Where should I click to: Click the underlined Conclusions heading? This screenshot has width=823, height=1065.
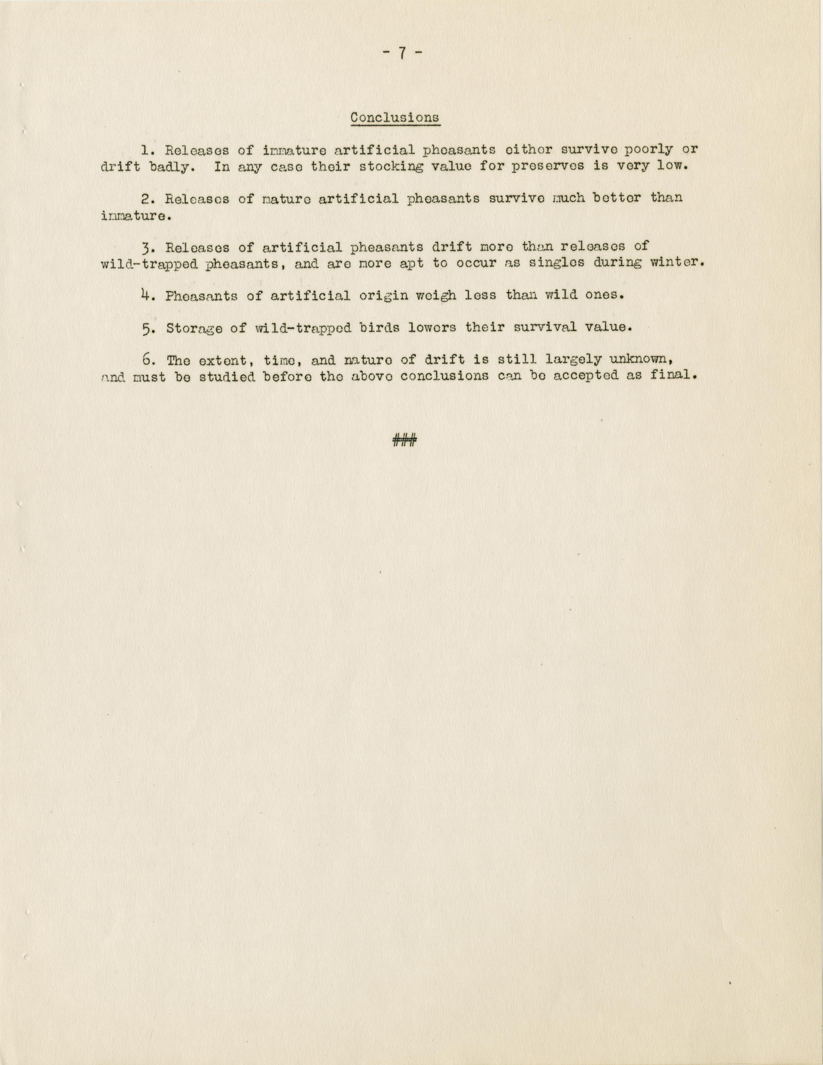pos(395,118)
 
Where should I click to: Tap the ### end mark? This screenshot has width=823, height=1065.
pos(404,441)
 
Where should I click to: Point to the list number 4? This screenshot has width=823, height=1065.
pos(144,295)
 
